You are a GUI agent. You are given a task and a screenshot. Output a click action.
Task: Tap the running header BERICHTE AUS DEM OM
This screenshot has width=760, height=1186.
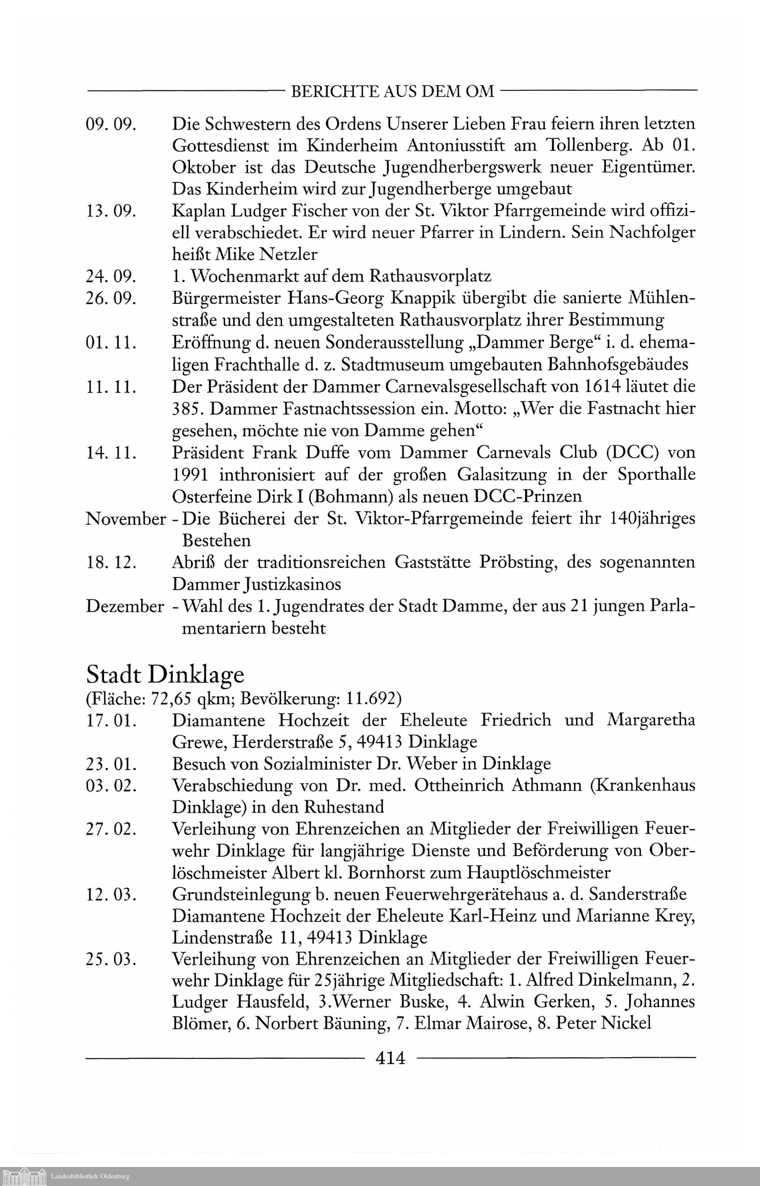tap(393, 92)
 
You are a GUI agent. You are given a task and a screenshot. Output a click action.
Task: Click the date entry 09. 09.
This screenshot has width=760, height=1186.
tap(111, 124)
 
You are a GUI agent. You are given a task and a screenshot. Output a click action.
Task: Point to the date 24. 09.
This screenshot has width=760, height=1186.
tap(111, 276)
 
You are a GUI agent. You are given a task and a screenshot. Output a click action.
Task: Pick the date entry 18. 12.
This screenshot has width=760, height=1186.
tap(111, 563)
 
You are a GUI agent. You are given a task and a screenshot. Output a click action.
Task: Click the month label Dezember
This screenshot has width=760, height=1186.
tap(125, 606)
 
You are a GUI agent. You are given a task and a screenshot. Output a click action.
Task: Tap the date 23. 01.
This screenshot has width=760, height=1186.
tap(111, 764)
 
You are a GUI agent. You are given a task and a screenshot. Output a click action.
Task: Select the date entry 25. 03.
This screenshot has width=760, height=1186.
tap(111, 959)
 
